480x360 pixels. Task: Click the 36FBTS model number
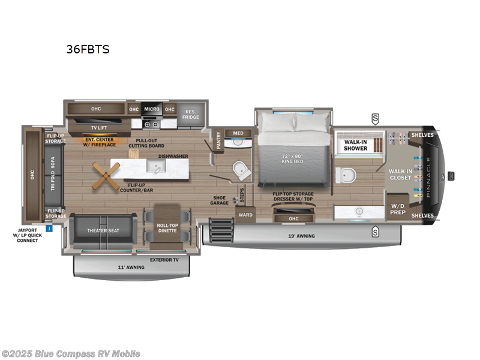(88, 49)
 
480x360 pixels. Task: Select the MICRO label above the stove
(152, 109)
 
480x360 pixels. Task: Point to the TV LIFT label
(99, 127)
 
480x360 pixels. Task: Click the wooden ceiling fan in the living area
(106, 175)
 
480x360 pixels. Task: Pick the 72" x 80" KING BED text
(293, 160)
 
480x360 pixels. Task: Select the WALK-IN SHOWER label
(355, 145)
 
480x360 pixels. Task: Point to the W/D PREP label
(398, 208)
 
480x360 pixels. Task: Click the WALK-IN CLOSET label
(400, 175)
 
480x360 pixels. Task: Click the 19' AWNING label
(301, 236)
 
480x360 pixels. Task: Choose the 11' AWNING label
(131, 267)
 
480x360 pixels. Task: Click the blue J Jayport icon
(49, 228)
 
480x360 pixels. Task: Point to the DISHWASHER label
(173, 156)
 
